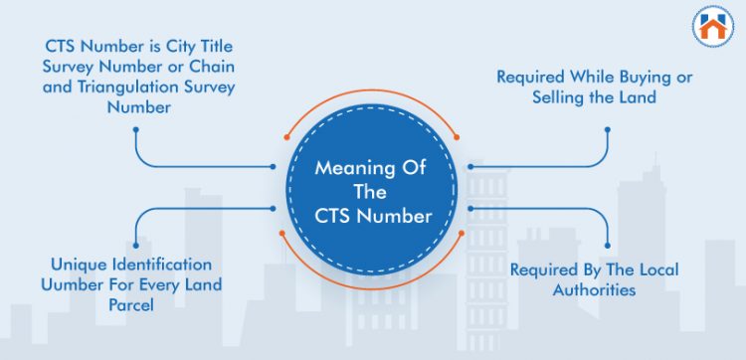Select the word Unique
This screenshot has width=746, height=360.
click(75, 265)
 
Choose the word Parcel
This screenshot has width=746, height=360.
click(131, 304)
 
